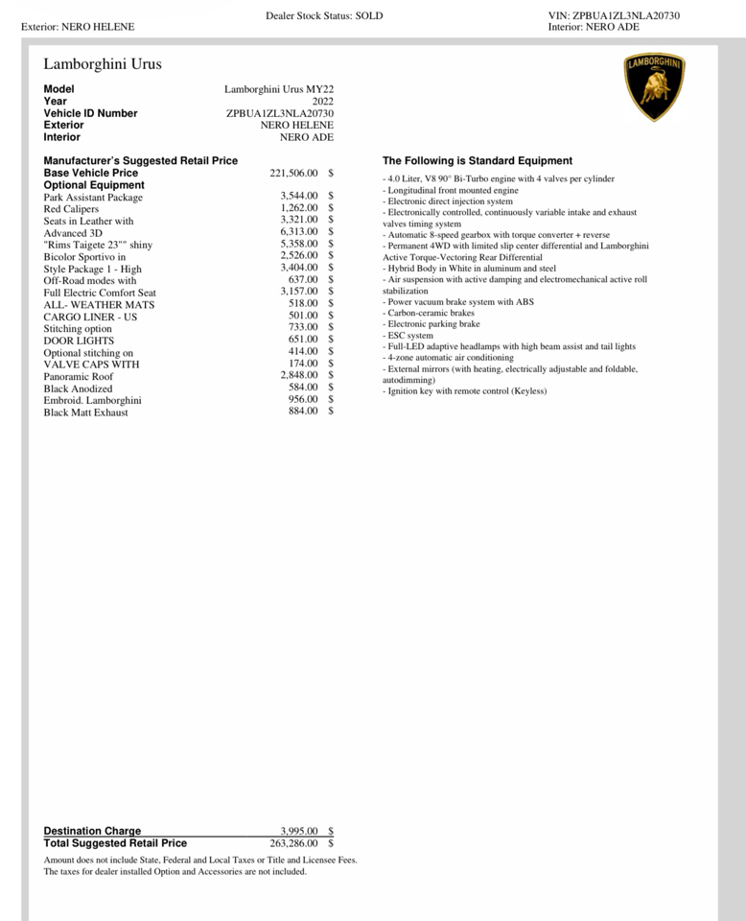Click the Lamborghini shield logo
point(655,88)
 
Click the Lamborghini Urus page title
point(103,64)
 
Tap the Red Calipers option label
point(71,209)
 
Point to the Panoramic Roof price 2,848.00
point(299,376)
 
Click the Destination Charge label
point(92,831)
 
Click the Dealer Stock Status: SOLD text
point(324,16)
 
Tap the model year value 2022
point(322,101)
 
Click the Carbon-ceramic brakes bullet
point(429,313)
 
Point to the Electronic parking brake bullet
point(431,324)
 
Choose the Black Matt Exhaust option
point(85,413)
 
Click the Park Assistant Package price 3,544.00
point(299,197)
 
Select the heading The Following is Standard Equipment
point(478,161)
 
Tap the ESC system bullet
point(408,336)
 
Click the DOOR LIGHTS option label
point(79,341)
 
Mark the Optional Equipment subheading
point(94,185)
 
